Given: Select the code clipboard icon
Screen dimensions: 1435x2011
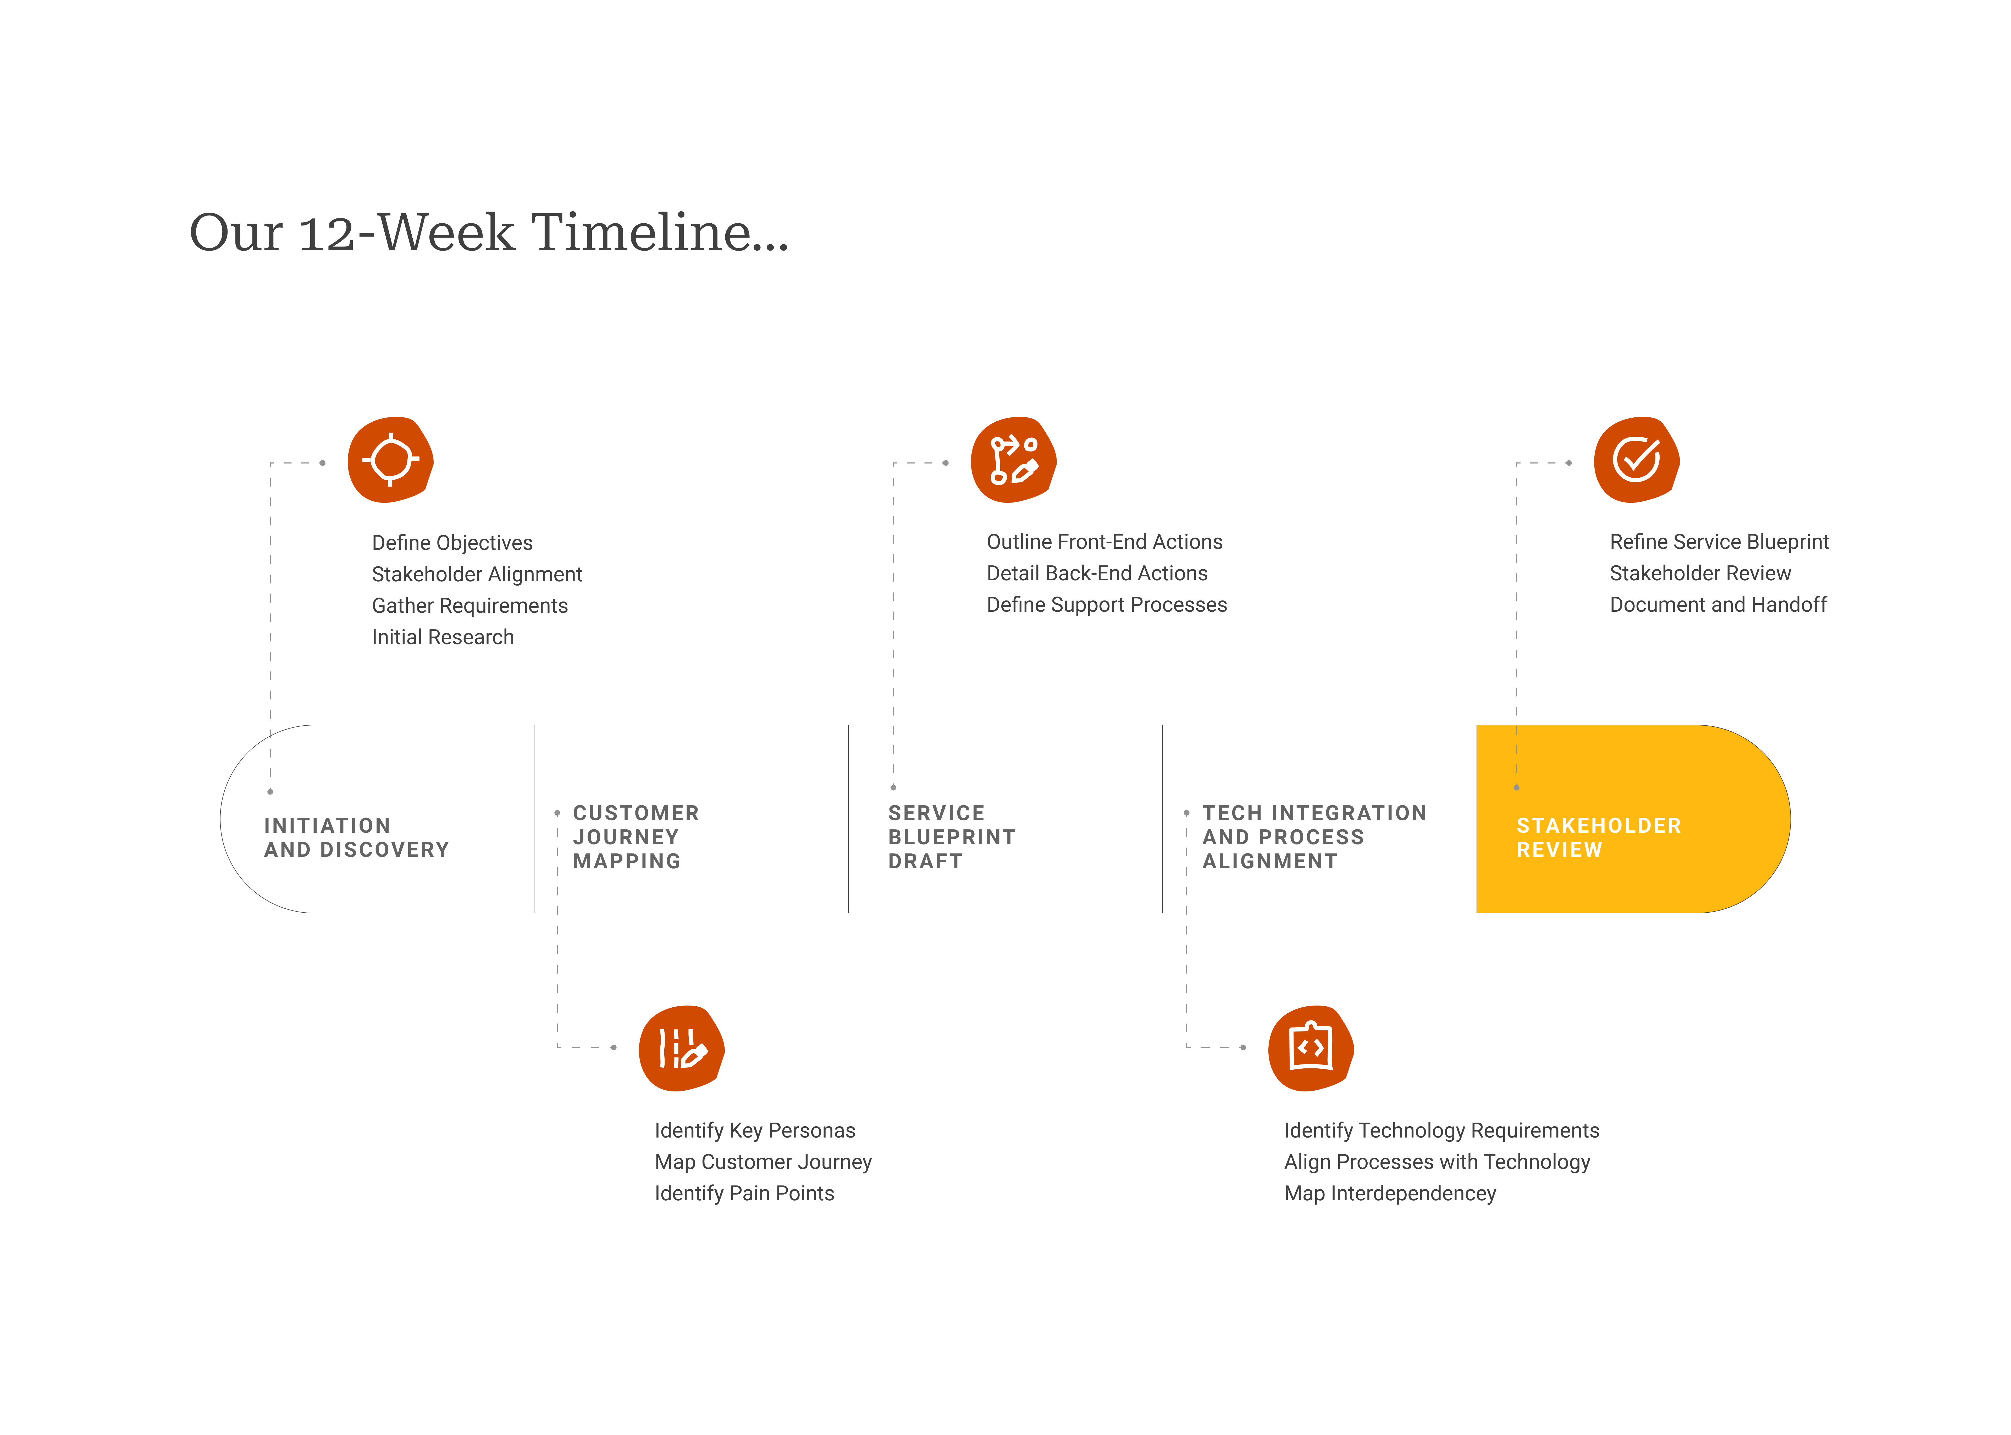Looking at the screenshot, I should (1310, 1048).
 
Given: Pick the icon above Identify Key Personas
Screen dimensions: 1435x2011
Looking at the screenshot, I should (681, 1048).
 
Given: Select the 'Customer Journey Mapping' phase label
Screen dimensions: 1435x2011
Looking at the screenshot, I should (635, 837).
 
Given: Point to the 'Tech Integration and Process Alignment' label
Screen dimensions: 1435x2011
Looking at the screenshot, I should (1314, 837).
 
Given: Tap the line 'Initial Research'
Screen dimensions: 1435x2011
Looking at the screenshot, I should (443, 637).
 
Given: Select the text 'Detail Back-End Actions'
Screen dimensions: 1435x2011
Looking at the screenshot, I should (1097, 573).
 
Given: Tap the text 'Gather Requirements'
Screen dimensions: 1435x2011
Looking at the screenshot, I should (469, 605).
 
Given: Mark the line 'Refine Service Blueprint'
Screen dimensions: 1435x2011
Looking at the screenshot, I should (1719, 542).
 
